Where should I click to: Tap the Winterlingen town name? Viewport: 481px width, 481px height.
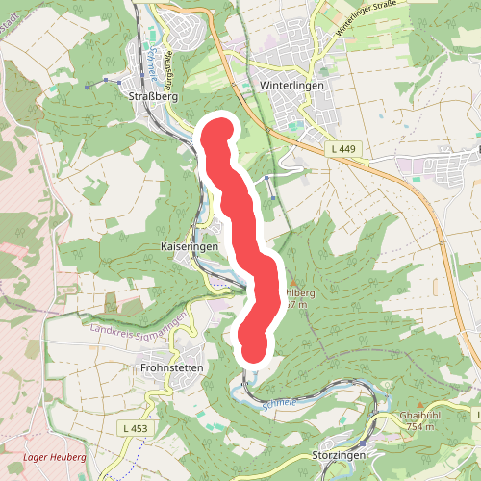292,85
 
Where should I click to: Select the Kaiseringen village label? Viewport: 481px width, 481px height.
190,247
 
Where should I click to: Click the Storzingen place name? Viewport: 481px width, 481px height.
337,454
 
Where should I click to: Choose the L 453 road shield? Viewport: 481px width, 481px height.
135,426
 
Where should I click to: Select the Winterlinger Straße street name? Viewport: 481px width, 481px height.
366,21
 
